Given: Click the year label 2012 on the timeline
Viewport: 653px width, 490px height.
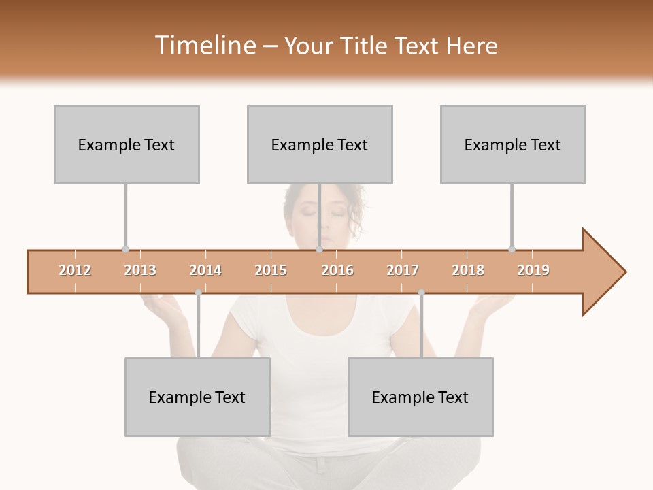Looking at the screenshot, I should tap(75, 270).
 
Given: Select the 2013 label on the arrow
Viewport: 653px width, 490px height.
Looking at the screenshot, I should tap(140, 270).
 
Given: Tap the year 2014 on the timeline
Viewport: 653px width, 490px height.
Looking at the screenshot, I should tap(205, 270).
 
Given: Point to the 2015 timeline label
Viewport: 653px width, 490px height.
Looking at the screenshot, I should tap(271, 270).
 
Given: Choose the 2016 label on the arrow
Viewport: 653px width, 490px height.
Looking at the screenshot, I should tap(337, 270).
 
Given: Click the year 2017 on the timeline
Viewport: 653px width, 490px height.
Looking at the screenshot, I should tap(403, 270).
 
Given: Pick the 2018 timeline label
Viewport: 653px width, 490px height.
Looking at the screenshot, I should tap(468, 270).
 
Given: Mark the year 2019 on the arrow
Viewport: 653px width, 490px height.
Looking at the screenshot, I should tap(533, 270).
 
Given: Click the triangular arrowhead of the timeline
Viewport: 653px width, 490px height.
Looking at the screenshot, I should tap(603, 272).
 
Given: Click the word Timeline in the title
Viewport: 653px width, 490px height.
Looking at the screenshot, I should tap(204, 46).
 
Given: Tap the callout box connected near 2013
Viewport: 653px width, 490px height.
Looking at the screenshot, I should tap(127, 144).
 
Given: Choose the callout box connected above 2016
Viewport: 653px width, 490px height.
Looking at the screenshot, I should tap(320, 144).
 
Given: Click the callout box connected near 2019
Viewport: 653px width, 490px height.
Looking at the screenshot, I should tap(513, 144).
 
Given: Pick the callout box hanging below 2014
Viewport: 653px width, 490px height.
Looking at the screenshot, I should tap(197, 397).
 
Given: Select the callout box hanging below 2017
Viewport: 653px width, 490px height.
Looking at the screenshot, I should tap(420, 397).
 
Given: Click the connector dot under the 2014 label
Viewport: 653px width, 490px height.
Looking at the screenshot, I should tap(198, 293).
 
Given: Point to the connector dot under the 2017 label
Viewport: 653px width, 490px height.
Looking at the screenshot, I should tap(421, 293).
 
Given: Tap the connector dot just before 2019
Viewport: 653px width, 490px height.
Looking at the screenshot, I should tap(512, 249).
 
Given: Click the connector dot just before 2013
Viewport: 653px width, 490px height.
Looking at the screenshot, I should tap(125, 249).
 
